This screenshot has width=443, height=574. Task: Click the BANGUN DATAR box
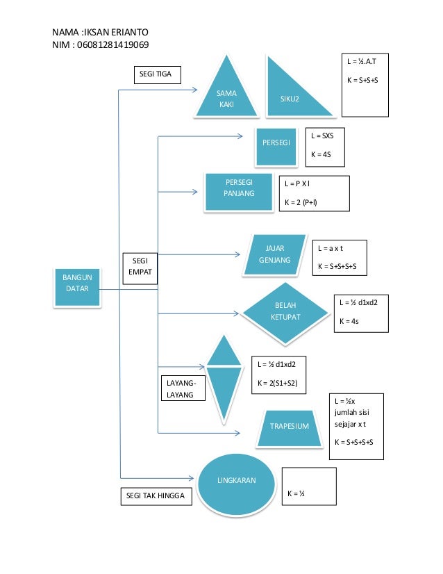coord(77,288)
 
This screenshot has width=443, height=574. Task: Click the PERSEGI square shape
coord(276,147)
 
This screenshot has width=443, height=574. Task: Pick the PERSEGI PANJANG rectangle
coord(239,192)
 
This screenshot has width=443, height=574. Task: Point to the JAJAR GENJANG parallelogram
coord(275,254)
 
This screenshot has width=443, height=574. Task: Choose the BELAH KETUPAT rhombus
coord(285,313)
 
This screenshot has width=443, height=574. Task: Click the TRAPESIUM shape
coord(290,428)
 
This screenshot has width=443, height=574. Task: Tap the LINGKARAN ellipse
coord(236,484)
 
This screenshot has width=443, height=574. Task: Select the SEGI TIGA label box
coord(158,74)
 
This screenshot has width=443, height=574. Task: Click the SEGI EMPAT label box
coord(140,268)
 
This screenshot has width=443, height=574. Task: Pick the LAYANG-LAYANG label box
coord(183,388)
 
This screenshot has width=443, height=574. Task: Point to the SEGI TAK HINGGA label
coord(156,496)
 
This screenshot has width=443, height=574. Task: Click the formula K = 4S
coord(321,154)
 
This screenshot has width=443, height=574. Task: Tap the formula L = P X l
coord(297,183)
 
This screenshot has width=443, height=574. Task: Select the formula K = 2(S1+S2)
coord(277,384)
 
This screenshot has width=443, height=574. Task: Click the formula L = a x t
coord(331,248)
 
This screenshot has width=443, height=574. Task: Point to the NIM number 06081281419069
coord(112,44)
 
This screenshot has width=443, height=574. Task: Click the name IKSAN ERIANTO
coord(116,32)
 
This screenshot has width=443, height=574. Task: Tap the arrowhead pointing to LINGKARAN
coord(191,478)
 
